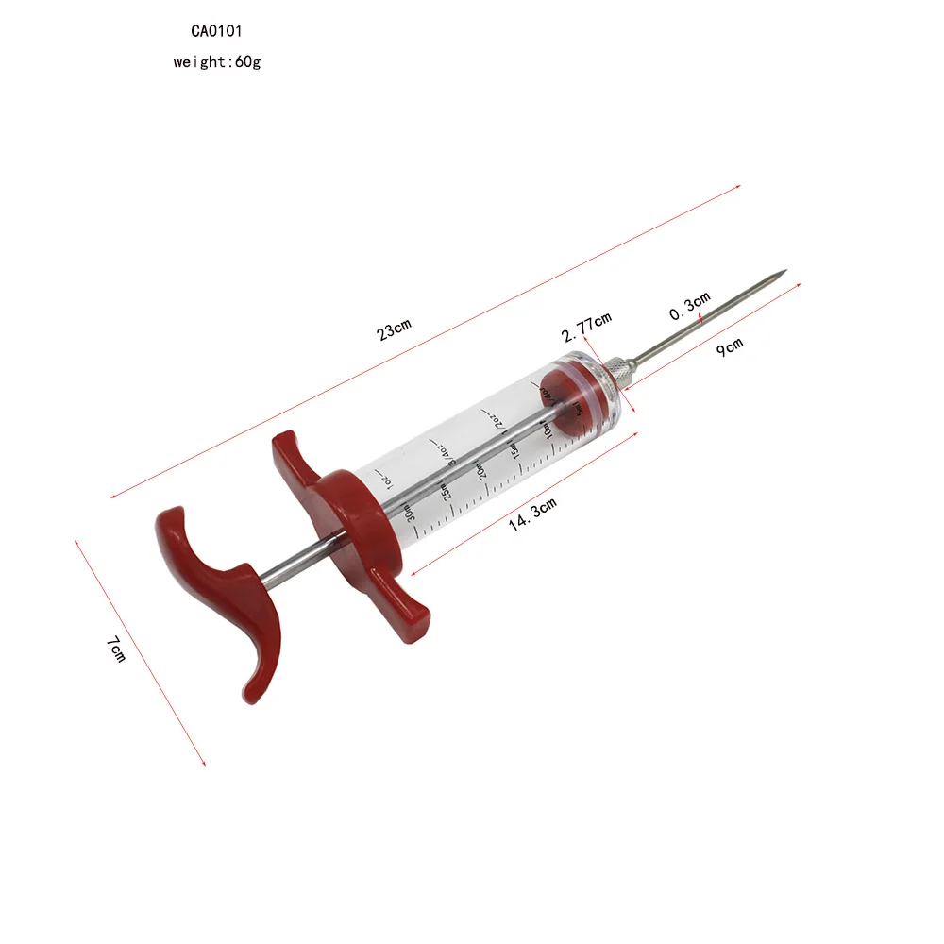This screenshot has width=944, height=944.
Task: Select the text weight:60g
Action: (x=216, y=62)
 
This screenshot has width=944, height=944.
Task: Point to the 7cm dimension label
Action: (x=115, y=649)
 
